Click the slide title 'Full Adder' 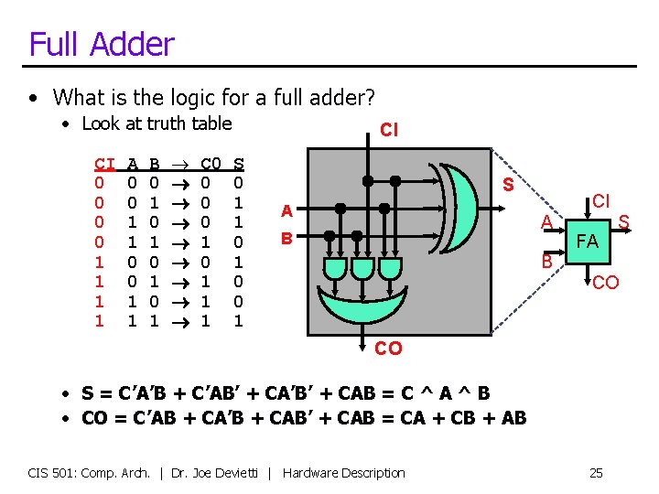pyautogui.click(x=101, y=43)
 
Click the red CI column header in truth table pyautogui.click(x=105, y=164)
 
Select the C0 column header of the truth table pyautogui.click(x=211, y=164)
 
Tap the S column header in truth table pyautogui.click(x=240, y=164)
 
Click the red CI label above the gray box pyautogui.click(x=389, y=130)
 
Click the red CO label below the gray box pyautogui.click(x=388, y=349)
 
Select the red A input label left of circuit pyautogui.click(x=286, y=211)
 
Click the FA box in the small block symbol pyautogui.click(x=588, y=242)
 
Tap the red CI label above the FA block pyautogui.click(x=601, y=200)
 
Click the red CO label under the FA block pyautogui.click(x=605, y=284)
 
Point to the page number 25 pyautogui.click(x=596, y=473)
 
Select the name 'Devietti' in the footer pyautogui.click(x=243, y=473)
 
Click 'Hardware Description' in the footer pyautogui.click(x=344, y=473)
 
